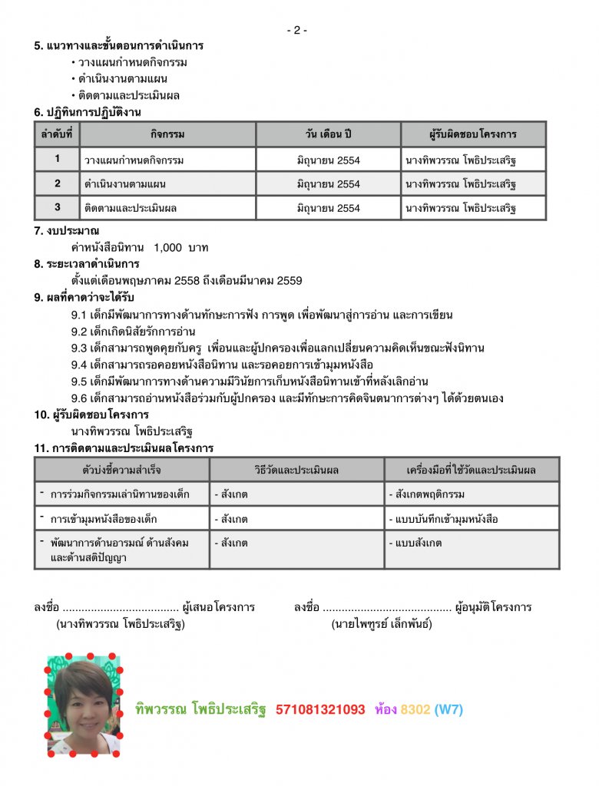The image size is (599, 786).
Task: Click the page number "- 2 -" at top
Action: [x=297, y=30]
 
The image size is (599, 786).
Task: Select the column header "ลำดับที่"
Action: [x=57, y=134]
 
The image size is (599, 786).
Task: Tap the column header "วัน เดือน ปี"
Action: [x=328, y=134]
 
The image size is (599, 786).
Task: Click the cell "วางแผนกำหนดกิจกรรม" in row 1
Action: [x=134, y=160]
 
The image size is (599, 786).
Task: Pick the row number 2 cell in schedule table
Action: [x=57, y=183]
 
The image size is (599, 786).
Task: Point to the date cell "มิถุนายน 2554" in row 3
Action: [x=328, y=207]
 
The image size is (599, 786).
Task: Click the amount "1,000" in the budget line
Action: [x=168, y=247]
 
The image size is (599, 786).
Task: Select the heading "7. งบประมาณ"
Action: [x=67, y=230]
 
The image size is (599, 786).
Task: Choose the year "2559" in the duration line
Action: [x=289, y=281]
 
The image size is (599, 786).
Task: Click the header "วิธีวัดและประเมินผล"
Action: [x=296, y=469]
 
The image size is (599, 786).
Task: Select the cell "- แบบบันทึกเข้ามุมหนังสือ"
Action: [x=443, y=519]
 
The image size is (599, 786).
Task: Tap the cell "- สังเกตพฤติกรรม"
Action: [x=426, y=494]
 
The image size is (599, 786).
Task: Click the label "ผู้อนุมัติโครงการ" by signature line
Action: [x=493, y=607]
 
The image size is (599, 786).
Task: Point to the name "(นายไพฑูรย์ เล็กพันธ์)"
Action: [x=382, y=624]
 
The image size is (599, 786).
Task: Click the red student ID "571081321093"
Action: [x=320, y=710]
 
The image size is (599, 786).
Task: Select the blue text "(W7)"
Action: [x=448, y=710]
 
